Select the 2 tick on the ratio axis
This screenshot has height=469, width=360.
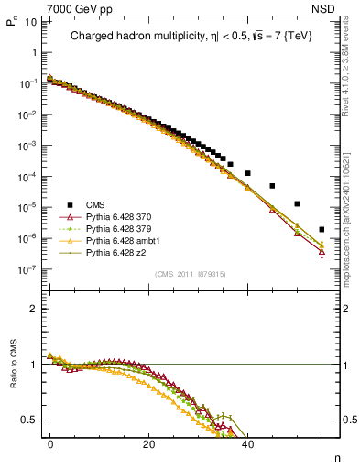click(36, 309)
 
